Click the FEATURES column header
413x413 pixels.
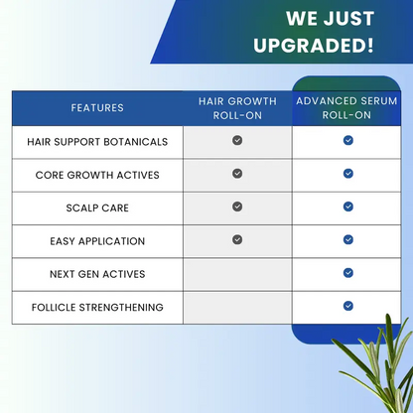[x=97, y=107]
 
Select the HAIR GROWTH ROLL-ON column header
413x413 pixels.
[x=237, y=107]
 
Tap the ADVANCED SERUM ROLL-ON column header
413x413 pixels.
[x=347, y=107]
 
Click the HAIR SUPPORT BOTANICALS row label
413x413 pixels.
[x=97, y=141]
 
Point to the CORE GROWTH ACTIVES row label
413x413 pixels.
[x=97, y=175]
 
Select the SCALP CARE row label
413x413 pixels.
[x=97, y=207]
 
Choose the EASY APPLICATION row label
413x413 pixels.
[x=97, y=241]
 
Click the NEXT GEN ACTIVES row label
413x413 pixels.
[x=97, y=274]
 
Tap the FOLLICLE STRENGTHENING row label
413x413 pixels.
[x=97, y=308]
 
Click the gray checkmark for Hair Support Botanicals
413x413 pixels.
[x=237, y=140]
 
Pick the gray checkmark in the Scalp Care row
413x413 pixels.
[x=237, y=206]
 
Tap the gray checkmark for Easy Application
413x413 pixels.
[x=237, y=239]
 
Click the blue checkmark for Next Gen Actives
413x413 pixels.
[x=348, y=273]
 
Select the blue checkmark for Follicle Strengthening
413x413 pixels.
[x=348, y=306]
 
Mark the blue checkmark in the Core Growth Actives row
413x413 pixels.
[x=348, y=174]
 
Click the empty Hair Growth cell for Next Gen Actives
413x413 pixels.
[x=237, y=274]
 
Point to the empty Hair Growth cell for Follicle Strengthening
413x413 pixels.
[x=237, y=308]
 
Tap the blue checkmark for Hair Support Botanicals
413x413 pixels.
[x=348, y=140]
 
